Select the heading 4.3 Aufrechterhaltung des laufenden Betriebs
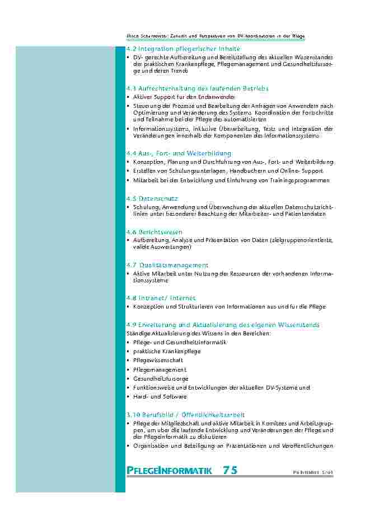click(198, 88)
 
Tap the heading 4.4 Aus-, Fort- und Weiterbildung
click(179, 153)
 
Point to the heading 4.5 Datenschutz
click(152, 198)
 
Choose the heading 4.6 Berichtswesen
click(155, 231)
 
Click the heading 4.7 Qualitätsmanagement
click(167, 265)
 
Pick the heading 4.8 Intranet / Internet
click(161, 298)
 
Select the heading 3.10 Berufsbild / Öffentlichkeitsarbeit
click(185, 415)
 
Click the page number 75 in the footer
click(230, 470)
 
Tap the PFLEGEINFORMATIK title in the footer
click(170, 471)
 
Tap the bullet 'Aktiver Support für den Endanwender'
click(176, 97)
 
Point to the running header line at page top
click(216, 36)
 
